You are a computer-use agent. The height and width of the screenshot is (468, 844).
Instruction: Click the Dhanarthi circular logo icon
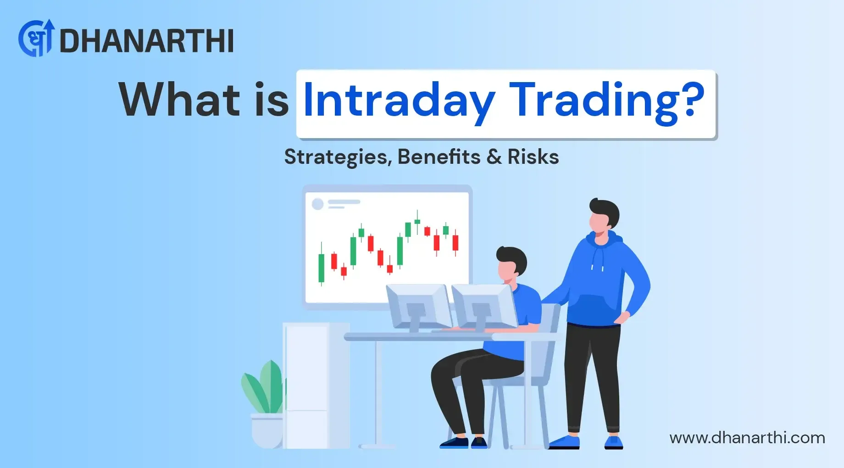tap(36, 39)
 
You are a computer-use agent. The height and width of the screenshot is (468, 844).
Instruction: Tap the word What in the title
tap(179, 100)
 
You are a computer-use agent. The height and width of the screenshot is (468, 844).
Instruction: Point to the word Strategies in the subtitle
tap(338, 157)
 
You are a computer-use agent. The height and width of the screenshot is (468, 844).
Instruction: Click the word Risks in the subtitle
tap(533, 157)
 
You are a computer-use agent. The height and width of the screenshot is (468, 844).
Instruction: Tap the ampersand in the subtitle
tap(494, 157)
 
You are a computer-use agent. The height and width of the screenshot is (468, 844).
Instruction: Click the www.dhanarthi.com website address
tap(747, 438)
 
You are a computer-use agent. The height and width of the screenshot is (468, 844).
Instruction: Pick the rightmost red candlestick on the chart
tap(455, 243)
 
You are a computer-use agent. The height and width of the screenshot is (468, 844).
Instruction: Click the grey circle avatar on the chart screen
tap(317, 204)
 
